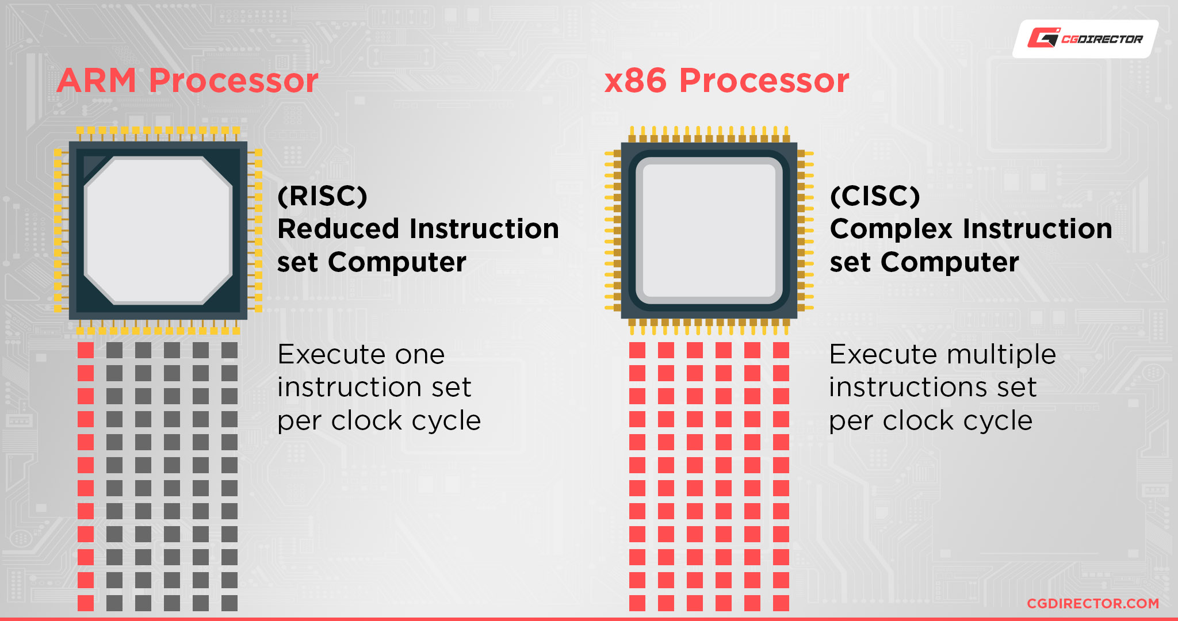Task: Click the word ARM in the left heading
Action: tap(97, 80)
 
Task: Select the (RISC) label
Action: tap(322, 196)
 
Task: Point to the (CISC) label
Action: tap(875, 196)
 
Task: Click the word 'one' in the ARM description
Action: tap(420, 355)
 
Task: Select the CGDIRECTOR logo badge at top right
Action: tap(1085, 39)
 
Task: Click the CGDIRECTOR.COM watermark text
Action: tap(1093, 603)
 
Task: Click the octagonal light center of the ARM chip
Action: tap(158, 230)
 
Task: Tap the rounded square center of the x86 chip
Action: tap(709, 230)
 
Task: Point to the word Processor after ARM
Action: tap(234, 80)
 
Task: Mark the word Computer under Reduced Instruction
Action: tap(397, 263)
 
